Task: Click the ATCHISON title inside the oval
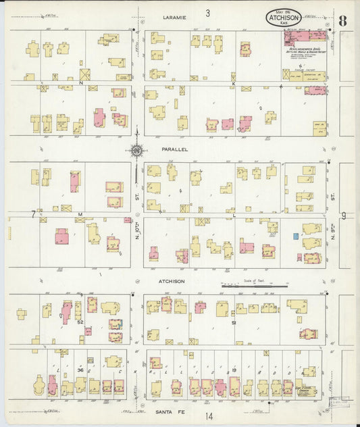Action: click(279, 19)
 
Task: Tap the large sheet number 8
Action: click(343, 20)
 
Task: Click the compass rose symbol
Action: click(137, 150)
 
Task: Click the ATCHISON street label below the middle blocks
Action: click(173, 280)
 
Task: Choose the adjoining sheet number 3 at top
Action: click(208, 12)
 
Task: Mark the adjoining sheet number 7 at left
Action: click(32, 214)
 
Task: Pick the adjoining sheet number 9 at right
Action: click(343, 216)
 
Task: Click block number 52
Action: click(80, 322)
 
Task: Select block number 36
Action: click(80, 370)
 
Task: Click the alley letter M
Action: click(80, 214)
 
